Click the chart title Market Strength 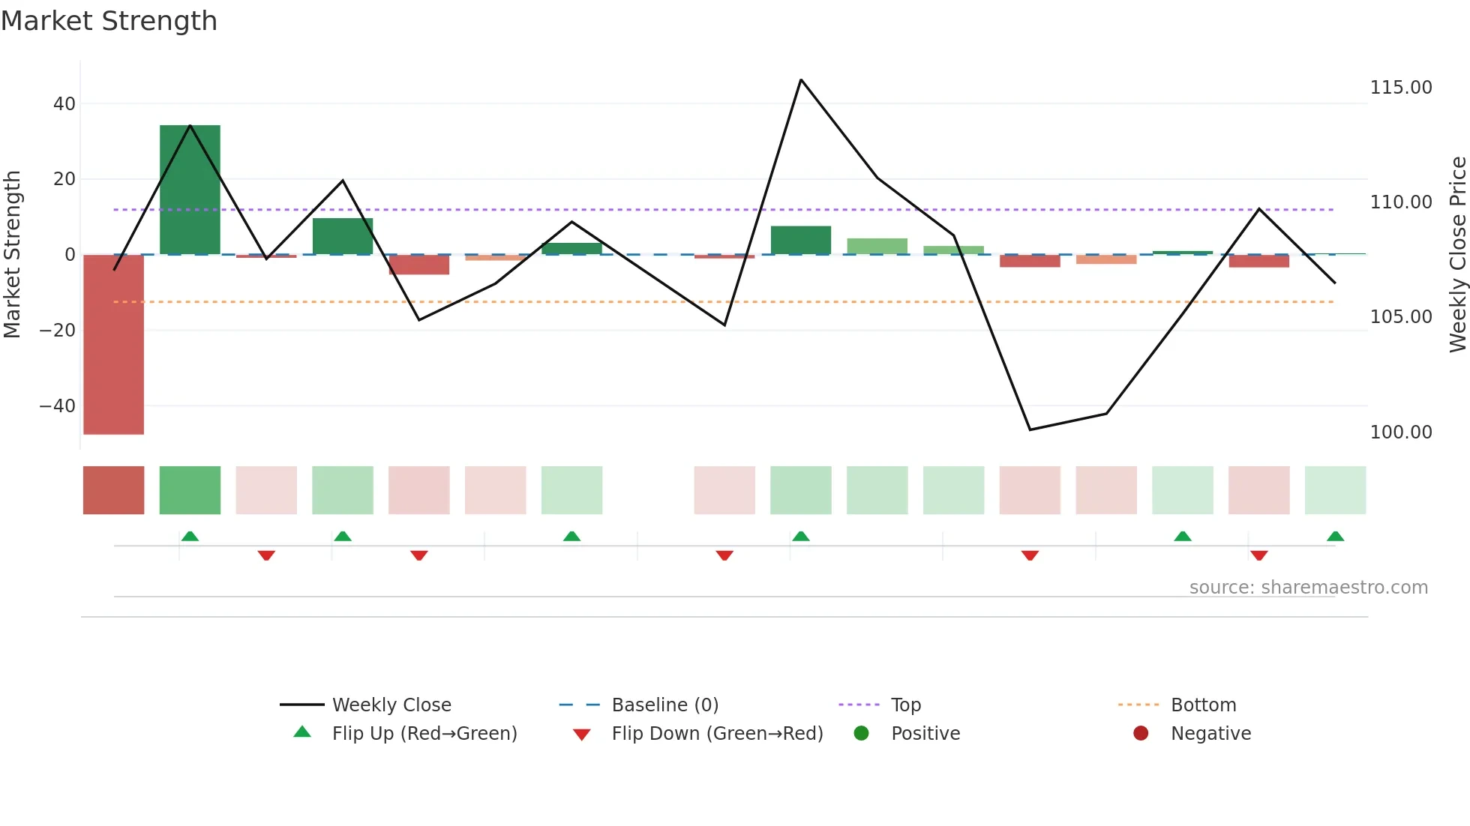(109, 21)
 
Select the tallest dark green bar (190, 190)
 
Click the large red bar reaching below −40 (113, 344)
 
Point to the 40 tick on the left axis (64, 104)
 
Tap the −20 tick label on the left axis (58, 331)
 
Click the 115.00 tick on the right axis (1400, 88)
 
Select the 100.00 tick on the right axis (1400, 432)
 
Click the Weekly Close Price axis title (1457, 254)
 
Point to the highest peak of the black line (801, 79)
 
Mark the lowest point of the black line (1030, 429)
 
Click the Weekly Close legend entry (391, 705)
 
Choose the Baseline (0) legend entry (664, 705)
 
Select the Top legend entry (905, 705)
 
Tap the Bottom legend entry (1203, 705)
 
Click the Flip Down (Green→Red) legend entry (716, 734)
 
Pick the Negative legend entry (1210, 734)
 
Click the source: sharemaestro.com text (1308, 588)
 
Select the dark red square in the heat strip (113, 490)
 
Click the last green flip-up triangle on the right (1335, 537)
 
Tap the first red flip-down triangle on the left (266, 555)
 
